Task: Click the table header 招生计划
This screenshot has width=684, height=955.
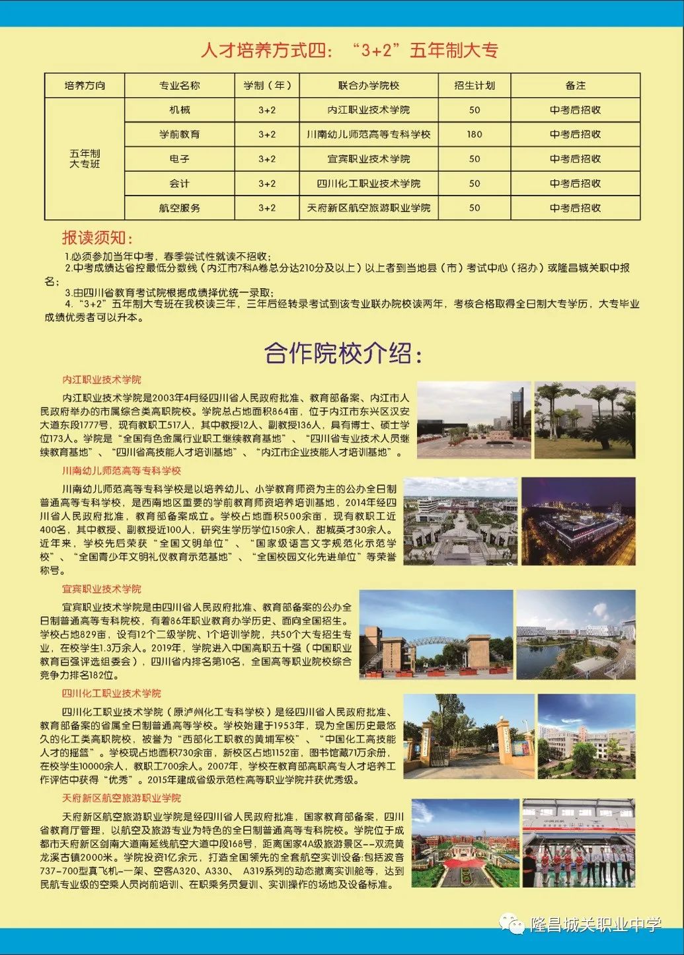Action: point(475,85)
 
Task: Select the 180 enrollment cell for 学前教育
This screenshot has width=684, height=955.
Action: point(475,134)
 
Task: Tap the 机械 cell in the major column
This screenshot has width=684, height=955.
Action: point(179,110)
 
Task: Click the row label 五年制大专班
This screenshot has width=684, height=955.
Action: point(85,159)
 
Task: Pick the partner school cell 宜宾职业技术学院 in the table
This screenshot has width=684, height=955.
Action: point(368,159)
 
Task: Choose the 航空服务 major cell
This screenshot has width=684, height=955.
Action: point(179,208)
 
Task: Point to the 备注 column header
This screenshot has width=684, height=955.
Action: point(575,85)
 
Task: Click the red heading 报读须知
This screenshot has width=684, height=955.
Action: point(97,238)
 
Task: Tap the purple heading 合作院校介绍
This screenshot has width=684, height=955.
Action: point(342,353)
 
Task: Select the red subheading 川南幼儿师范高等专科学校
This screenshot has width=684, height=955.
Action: point(121,471)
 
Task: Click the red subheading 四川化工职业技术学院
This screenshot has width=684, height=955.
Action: point(111,693)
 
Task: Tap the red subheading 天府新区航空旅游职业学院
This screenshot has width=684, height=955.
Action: point(121,798)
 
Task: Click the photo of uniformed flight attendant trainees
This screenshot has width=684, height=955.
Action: point(578,843)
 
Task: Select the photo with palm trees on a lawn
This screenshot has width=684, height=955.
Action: point(584,420)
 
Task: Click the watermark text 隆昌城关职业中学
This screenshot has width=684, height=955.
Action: point(595,925)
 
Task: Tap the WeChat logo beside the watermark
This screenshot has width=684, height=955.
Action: point(512,923)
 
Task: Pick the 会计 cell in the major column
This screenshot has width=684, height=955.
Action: point(179,183)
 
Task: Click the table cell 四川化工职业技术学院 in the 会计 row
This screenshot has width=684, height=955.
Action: point(368,183)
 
